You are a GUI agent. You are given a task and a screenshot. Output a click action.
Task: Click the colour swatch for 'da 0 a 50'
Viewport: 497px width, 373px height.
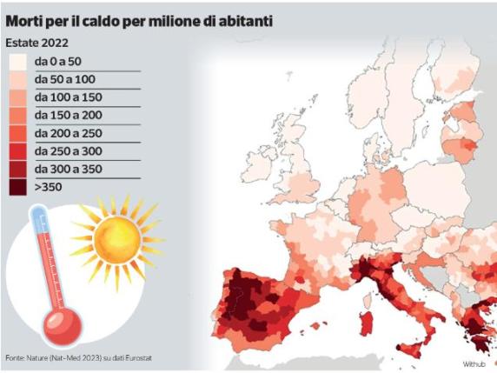click(x=17, y=62)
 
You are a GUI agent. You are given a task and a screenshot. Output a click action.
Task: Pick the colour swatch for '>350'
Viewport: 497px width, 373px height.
click(x=17, y=186)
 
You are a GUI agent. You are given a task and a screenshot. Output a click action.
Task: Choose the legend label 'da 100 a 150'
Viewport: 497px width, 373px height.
click(x=68, y=97)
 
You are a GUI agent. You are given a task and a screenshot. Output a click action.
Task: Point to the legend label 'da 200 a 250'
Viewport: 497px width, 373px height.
click(x=68, y=133)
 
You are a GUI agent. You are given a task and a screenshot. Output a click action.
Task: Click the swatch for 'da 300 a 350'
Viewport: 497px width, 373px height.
click(x=17, y=169)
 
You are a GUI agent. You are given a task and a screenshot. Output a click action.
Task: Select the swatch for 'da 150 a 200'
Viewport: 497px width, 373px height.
click(x=17, y=116)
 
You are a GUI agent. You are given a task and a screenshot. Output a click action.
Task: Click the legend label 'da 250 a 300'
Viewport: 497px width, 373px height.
click(x=68, y=150)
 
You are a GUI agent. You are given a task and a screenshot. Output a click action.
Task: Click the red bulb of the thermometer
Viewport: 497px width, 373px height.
click(x=60, y=327)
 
